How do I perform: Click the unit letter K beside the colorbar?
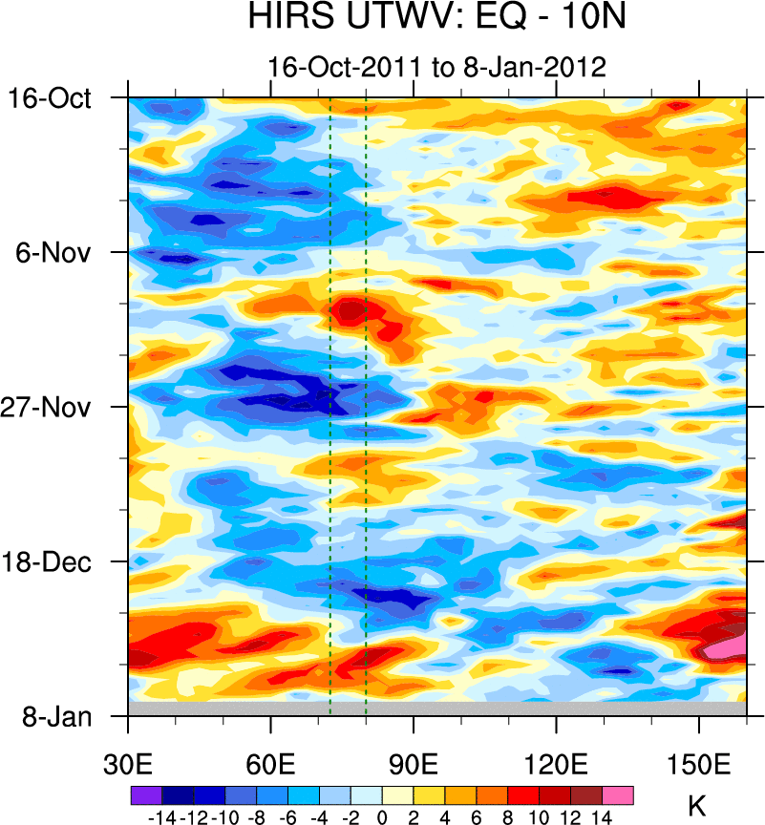(x=696, y=804)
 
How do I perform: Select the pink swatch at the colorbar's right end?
(x=618, y=793)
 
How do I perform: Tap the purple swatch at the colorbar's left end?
(x=145, y=793)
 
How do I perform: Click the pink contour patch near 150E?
(x=726, y=646)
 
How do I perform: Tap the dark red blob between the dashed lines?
(x=350, y=309)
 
